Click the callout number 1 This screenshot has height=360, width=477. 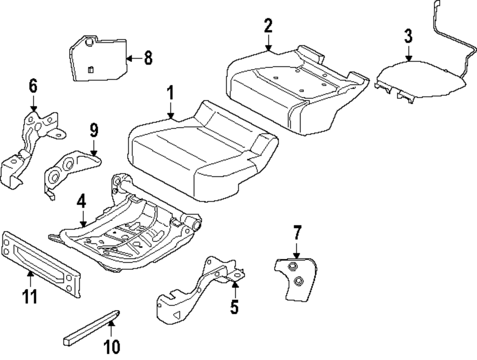click(170, 95)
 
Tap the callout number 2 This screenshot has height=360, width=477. click(268, 27)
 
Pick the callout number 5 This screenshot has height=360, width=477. click(234, 306)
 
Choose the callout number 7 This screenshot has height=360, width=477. click(296, 234)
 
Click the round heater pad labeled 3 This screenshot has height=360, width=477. click(420, 79)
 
